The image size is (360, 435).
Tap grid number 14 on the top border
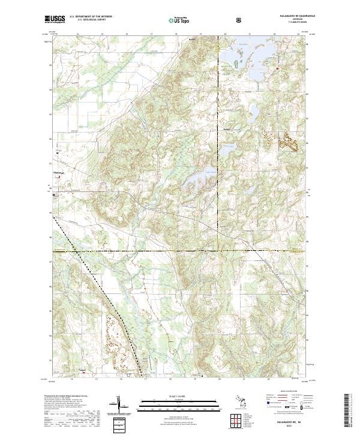click(x=78, y=34)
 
